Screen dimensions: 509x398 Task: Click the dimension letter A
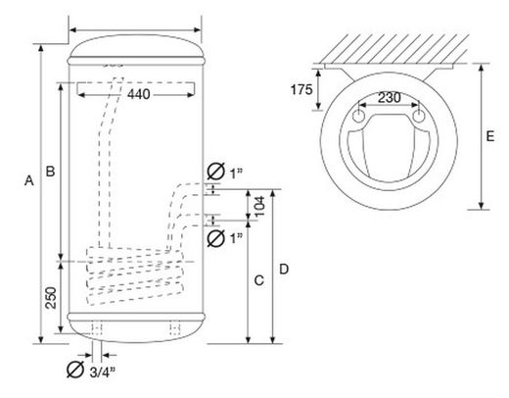click(29, 180)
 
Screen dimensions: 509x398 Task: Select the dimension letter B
click(50, 171)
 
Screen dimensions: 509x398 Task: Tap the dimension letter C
click(259, 280)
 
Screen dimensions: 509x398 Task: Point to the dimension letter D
click(284, 269)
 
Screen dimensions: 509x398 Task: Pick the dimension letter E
click(490, 136)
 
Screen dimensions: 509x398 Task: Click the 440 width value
click(139, 94)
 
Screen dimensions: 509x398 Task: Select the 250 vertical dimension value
click(51, 298)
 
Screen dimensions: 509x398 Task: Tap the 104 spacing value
click(259, 207)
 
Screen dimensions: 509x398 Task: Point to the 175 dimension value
click(301, 89)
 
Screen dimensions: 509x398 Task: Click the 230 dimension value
click(390, 97)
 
